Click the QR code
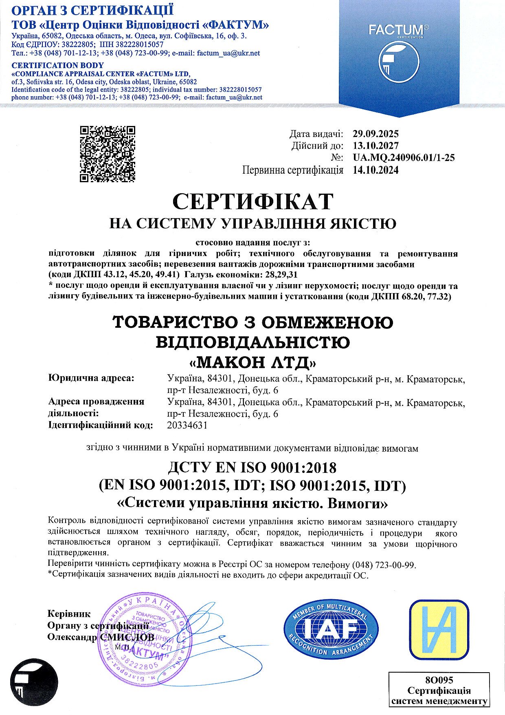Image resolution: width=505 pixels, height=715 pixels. click(x=108, y=154)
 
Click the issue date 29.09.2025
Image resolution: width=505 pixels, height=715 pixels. click(x=375, y=134)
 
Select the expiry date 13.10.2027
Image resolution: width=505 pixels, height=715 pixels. click(x=375, y=146)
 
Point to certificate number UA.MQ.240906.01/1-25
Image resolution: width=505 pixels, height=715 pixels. click(x=404, y=158)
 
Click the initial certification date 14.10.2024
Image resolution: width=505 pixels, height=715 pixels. click(x=375, y=170)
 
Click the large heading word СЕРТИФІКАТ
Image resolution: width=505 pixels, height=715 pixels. click(x=253, y=201)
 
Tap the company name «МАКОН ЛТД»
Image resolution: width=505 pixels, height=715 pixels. click(x=253, y=362)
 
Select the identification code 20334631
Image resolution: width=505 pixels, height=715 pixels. click(x=187, y=425)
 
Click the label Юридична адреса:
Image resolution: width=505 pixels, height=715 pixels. click(x=91, y=378)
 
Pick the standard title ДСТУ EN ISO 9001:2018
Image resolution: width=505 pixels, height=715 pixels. click(x=253, y=468)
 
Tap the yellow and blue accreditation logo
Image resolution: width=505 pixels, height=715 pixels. click(x=439, y=630)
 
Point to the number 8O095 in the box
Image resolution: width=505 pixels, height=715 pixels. click(x=439, y=680)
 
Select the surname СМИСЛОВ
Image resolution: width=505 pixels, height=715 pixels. click(x=127, y=637)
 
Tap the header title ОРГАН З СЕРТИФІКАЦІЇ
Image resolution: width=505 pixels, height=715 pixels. click(x=92, y=10)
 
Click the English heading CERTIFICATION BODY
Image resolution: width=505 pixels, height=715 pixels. click(x=57, y=65)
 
